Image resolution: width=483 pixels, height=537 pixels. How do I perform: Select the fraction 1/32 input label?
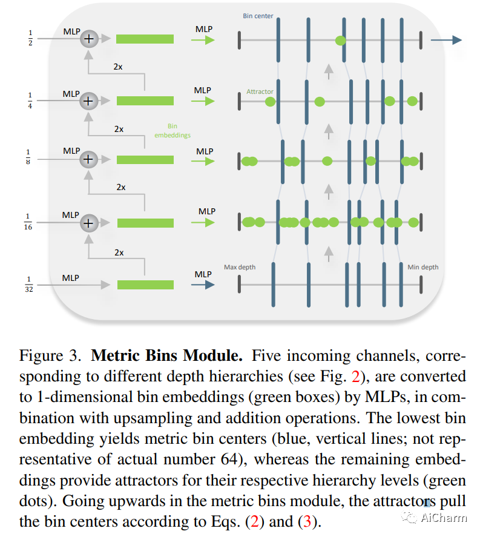(29, 285)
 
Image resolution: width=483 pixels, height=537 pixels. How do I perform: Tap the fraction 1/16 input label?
(28, 222)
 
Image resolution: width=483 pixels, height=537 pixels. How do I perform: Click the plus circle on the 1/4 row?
(89, 100)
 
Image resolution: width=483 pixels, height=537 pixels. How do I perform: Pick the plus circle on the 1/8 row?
(89, 159)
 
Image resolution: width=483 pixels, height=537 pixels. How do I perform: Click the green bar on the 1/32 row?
(145, 285)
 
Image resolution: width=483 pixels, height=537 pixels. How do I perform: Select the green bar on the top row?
(145, 39)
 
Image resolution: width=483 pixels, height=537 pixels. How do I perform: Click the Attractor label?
(260, 92)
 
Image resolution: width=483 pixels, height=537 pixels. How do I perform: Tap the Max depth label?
(239, 267)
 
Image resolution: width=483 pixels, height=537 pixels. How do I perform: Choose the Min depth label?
(422, 267)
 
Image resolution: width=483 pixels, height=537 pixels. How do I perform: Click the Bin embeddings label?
(172, 131)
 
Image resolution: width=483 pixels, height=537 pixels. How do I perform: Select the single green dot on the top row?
(341, 41)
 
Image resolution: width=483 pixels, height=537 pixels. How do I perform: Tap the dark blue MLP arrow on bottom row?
(205, 285)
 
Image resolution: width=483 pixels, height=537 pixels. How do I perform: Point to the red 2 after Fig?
(356, 376)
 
